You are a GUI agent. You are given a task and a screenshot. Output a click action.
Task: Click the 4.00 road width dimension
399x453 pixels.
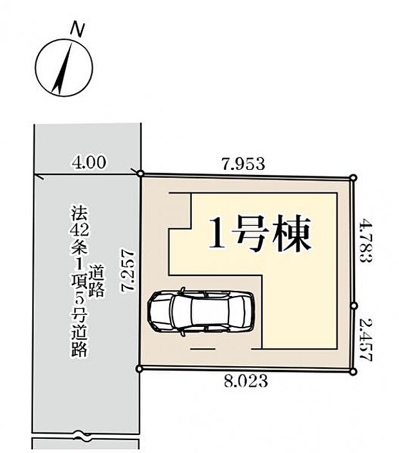coord(89,162)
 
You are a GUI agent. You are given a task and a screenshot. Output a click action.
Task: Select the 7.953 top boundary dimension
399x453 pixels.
coord(243,164)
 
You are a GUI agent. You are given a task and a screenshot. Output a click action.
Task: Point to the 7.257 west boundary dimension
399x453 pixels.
coord(128,270)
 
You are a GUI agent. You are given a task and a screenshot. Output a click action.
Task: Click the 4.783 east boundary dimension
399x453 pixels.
coord(366,241)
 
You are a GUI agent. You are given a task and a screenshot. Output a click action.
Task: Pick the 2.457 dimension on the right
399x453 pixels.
coord(366,340)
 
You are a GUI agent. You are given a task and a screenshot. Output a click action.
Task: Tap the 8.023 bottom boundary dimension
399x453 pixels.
coord(246,381)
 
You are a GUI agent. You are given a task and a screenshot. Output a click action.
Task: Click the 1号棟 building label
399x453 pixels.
coord(260,233)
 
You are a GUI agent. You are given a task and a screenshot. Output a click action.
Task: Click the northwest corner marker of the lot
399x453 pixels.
coord(141,174)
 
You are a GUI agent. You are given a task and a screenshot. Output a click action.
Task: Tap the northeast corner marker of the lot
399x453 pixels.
coord(353,178)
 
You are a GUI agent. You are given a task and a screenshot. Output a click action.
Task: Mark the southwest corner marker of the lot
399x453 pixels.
coord(140,368)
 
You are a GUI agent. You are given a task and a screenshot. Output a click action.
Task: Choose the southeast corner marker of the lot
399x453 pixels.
coord(353,372)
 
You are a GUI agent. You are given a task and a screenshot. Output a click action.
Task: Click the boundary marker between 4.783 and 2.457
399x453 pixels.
coord(354,306)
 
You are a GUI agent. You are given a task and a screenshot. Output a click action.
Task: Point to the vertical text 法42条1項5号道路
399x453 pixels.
coord(79,281)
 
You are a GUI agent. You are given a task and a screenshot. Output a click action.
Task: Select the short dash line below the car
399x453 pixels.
coord(203,349)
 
